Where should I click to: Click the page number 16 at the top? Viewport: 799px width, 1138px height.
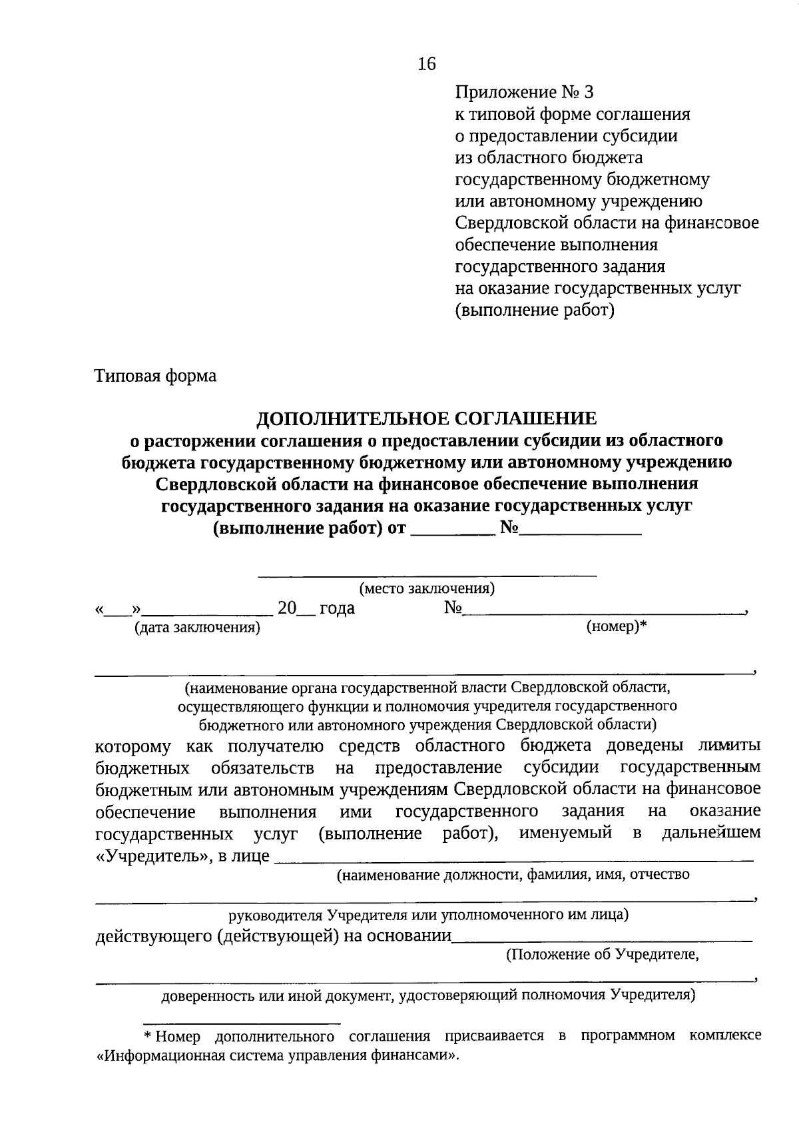click(x=426, y=64)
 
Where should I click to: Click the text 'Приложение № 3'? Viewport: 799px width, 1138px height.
click(x=523, y=93)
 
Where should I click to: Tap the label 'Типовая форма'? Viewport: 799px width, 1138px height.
click(x=156, y=376)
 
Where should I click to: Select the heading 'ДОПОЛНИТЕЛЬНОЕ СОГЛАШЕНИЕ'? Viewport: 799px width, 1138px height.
click(x=427, y=418)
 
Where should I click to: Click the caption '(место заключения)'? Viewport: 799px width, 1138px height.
click(x=427, y=589)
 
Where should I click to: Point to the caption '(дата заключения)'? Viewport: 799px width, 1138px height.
click(x=197, y=628)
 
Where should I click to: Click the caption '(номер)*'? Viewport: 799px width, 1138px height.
click(x=617, y=627)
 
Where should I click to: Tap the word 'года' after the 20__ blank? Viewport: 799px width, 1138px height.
click(x=337, y=608)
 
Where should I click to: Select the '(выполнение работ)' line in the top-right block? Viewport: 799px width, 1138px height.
click(x=534, y=310)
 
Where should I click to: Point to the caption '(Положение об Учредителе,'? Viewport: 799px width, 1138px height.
click(x=603, y=955)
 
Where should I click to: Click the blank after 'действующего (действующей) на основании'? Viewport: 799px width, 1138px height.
click(x=602, y=939)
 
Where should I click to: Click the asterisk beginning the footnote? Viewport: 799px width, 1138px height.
click(x=148, y=1037)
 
